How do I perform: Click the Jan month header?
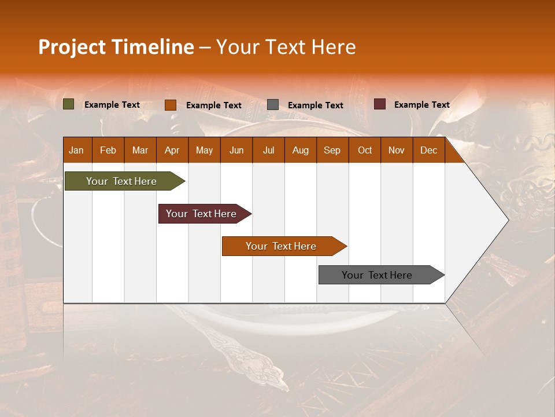click(x=77, y=150)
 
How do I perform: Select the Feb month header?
click(x=108, y=150)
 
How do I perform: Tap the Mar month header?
click(x=140, y=150)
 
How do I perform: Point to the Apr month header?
click(x=172, y=150)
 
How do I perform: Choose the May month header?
click(x=204, y=150)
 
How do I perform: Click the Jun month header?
click(x=236, y=150)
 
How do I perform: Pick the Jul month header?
click(x=268, y=150)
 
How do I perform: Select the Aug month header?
click(x=301, y=150)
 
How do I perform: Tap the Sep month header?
click(x=332, y=150)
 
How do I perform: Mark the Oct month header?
click(x=365, y=150)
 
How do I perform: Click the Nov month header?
click(x=397, y=150)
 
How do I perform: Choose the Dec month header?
click(x=429, y=150)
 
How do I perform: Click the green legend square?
click(x=69, y=104)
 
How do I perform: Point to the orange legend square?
click(x=171, y=105)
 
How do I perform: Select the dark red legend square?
click(x=380, y=104)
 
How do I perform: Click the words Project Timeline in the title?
click(x=116, y=47)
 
